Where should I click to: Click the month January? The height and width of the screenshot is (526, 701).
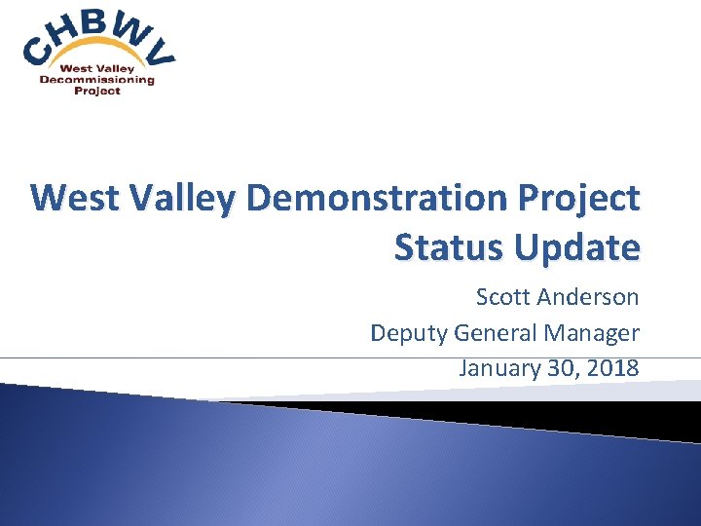click(497, 369)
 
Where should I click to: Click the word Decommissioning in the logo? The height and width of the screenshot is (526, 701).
click(96, 80)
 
